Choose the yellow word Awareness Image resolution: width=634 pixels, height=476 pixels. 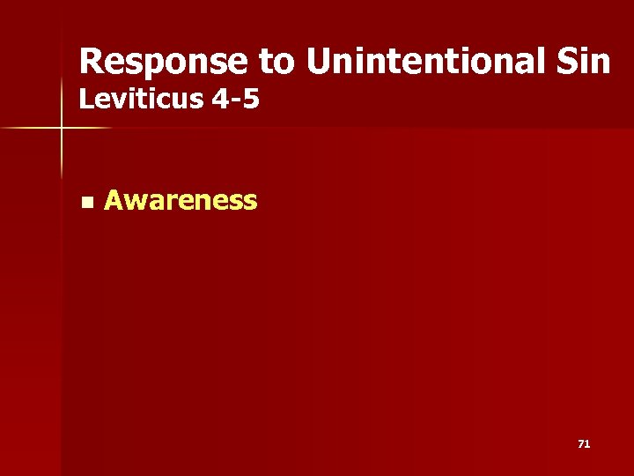coord(181,201)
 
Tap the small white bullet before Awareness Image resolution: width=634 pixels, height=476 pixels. coord(85,203)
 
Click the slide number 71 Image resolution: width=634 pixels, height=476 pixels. coord(584,444)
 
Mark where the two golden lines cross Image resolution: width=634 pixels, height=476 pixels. coord(63,129)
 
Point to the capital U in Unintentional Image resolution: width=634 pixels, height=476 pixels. coord(320,62)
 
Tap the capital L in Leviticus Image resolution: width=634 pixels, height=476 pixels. coord(85,100)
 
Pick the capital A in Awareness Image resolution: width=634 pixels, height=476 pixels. coord(114,201)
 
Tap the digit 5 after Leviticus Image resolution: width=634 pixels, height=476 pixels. coord(250,100)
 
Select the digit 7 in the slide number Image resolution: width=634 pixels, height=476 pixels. coord(581,444)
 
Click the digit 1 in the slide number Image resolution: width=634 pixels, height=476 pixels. coord(587,444)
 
